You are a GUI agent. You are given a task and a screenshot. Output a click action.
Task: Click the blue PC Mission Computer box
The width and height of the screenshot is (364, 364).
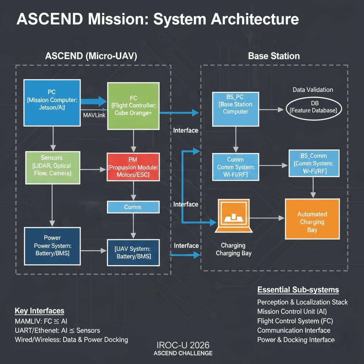[x=52, y=103]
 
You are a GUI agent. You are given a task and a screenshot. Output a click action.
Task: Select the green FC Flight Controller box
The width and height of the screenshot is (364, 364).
[x=133, y=106]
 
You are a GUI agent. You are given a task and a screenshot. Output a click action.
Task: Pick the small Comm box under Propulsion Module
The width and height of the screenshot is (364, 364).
[x=133, y=207]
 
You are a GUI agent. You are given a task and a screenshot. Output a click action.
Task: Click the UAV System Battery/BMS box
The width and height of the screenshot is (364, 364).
[x=133, y=252]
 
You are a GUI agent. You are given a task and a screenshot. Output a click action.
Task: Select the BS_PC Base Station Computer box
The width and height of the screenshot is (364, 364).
[x=235, y=109]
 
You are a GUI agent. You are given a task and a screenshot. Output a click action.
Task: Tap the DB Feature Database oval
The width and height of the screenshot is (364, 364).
[x=314, y=107]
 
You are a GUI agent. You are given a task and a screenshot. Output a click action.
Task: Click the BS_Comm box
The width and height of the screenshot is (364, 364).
[x=314, y=163]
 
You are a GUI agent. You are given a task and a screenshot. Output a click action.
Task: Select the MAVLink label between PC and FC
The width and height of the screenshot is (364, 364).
[x=94, y=115]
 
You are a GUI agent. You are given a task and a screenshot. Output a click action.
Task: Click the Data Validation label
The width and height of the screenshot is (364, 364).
[x=313, y=90]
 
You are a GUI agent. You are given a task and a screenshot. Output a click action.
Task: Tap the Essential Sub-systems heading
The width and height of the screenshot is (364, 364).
[x=298, y=290]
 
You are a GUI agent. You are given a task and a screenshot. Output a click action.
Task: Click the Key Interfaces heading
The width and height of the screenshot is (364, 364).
[x=39, y=311]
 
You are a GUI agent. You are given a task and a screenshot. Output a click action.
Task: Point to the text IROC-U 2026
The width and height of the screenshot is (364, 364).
[x=183, y=345]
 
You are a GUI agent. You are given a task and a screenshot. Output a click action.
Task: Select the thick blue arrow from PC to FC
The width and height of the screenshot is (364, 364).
[x=93, y=101]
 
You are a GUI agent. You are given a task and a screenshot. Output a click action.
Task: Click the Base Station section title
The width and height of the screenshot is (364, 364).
[x=274, y=56]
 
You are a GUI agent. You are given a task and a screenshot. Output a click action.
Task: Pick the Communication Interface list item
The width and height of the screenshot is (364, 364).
[x=294, y=330]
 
